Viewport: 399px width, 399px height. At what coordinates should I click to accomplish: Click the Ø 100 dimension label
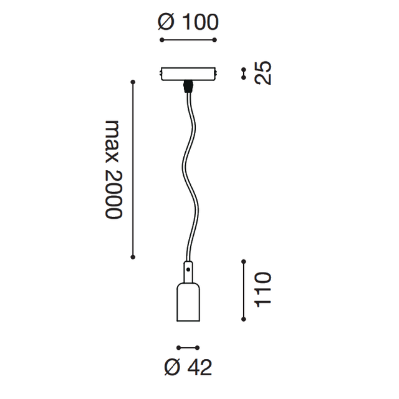tap(188, 22)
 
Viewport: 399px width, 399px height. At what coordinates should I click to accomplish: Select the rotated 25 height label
tap(264, 74)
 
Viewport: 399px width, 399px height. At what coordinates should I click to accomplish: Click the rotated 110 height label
tap(264, 289)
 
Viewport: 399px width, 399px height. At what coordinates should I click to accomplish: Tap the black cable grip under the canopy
tap(188, 86)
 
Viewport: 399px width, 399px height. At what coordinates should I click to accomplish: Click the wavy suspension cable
tap(188, 168)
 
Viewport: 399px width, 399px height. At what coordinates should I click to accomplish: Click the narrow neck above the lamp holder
tap(188, 271)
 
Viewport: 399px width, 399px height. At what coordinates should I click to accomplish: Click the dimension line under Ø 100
tap(188, 40)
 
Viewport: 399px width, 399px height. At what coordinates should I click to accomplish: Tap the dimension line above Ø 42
tap(188, 347)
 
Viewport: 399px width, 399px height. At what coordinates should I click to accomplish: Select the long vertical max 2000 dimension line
tap(133, 168)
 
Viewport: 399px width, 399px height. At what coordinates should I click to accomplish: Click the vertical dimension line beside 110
tap(243, 289)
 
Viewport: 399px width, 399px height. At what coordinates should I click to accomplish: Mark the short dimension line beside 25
tap(243, 74)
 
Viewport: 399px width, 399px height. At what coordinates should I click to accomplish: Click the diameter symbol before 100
tap(165, 22)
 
